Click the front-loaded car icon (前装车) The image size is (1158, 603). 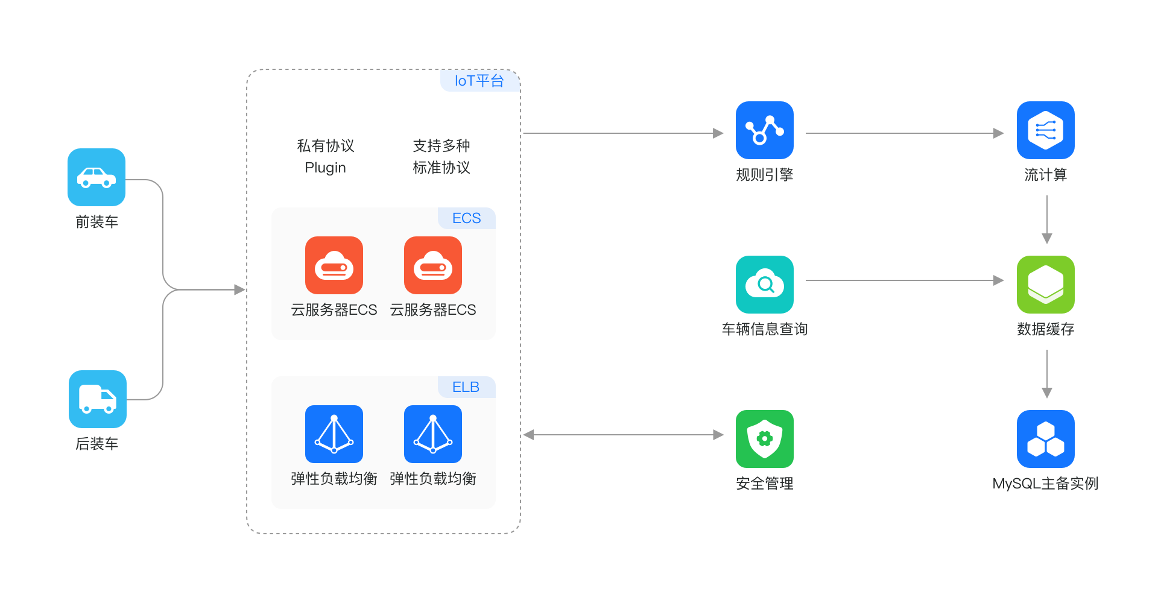pyautogui.click(x=96, y=177)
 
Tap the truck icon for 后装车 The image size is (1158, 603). pyautogui.click(x=98, y=399)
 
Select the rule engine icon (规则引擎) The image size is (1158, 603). pyautogui.click(x=764, y=130)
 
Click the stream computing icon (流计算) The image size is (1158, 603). pyautogui.click(x=1045, y=130)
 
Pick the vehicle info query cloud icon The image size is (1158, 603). pyautogui.click(x=764, y=285)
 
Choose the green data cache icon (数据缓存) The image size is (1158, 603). pyautogui.click(x=1045, y=285)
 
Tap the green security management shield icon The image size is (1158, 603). pyautogui.click(x=764, y=439)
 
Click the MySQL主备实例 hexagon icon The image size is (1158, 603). pyautogui.click(x=1045, y=439)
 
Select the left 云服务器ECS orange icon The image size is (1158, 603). pyautogui.click(x=334, y=265)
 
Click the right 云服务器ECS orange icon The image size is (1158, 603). pyautogui.click(x=433, y=265)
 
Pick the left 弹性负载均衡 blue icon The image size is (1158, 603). pyautogui.click(x=334, y=434)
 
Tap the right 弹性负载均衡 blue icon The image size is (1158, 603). pyautogui.click(x=433, y=434)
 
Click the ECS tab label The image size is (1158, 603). pyautogui.click(x=466, y=218)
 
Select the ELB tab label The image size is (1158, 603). pyautogui.click(x=466, y=387)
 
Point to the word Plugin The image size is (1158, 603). pyautogui.click(x=326, y=168)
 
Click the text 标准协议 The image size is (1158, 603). pyautogui.click(x=441, y=168)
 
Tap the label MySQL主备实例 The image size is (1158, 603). pyautogui.click(x=1045, y=484)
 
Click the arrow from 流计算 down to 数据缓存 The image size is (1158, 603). pyautogui.click(x=1047, y=219)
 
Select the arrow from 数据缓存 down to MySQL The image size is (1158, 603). pyautogui.click(x=1047, y=374)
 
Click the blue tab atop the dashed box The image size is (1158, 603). pyautogui.click(x=480, y=81)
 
